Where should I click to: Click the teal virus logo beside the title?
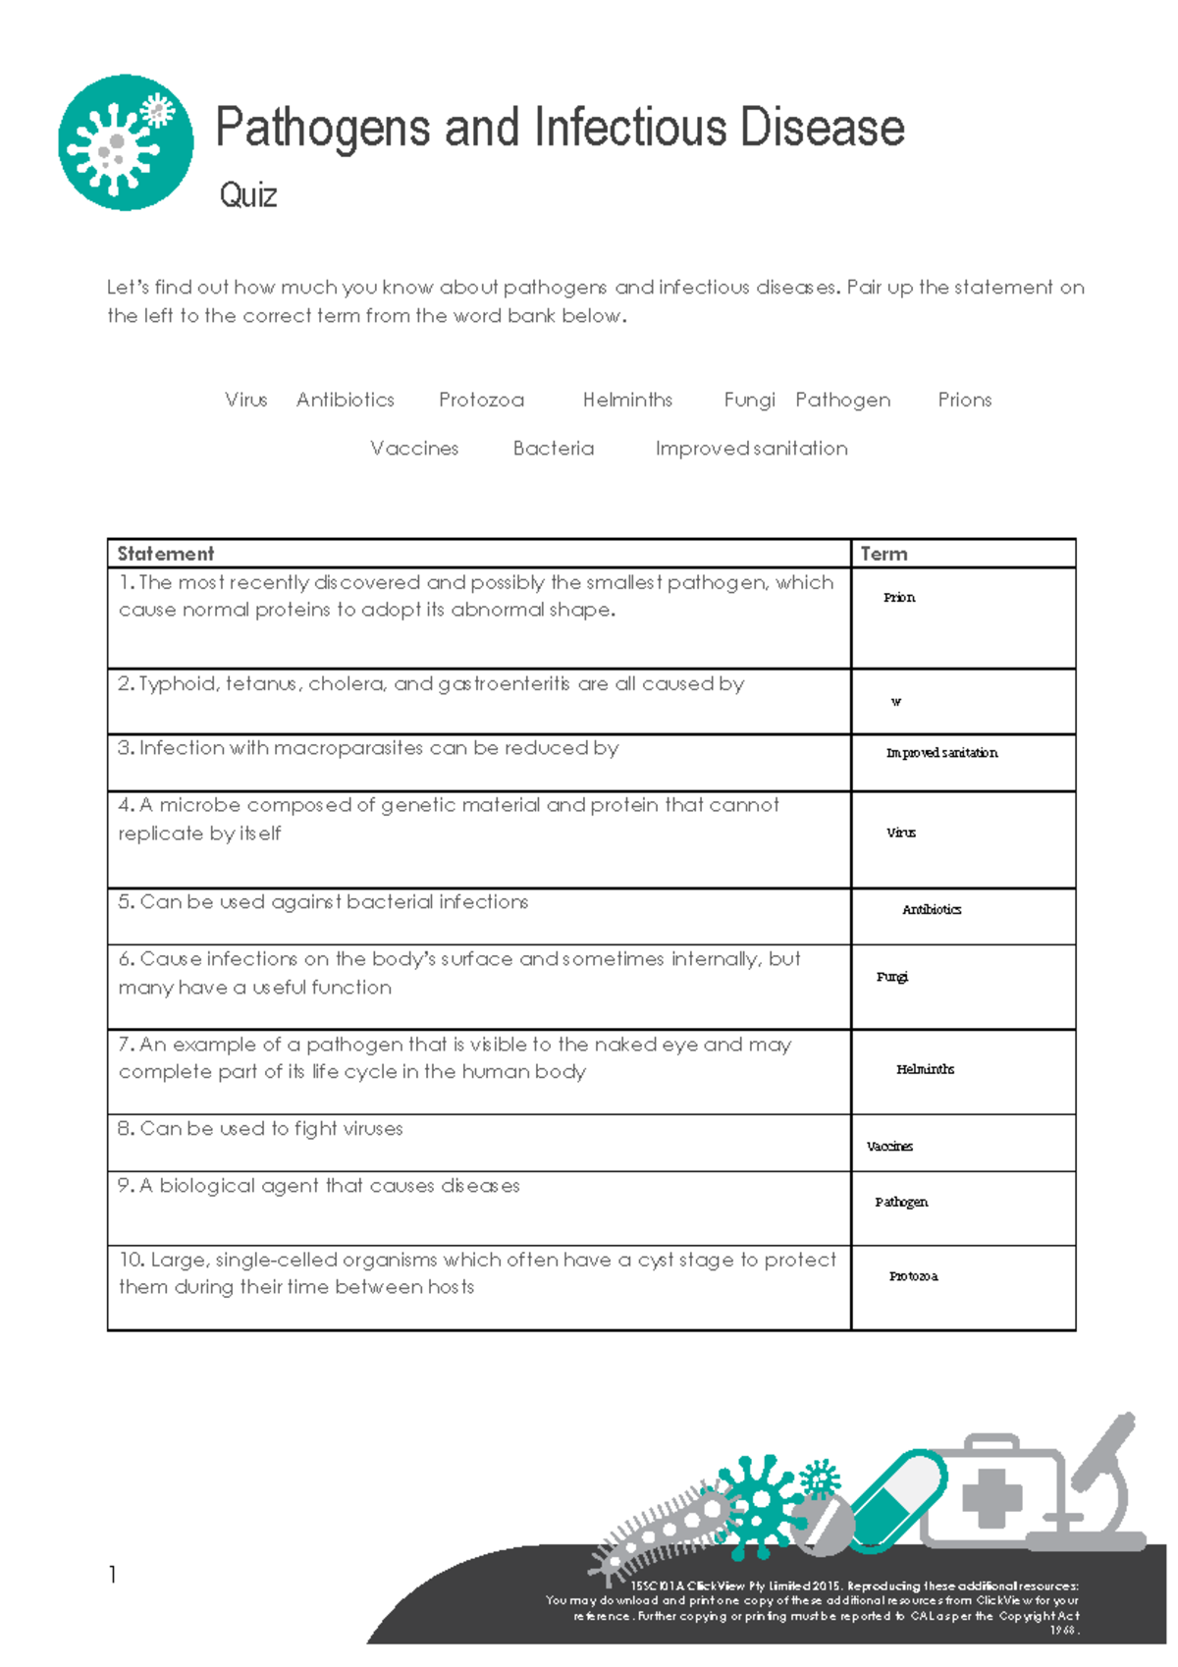(x=126, y=142)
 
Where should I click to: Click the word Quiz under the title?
(x=248, y=195)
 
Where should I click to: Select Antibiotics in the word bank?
(x=346, y=400)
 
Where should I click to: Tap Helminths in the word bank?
(x=627, y=400)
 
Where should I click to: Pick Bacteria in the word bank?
(x=554, y=449)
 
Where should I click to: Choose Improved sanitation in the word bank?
(x=751, y=449)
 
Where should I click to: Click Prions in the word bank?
(x=964, y=400)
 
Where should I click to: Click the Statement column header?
(x=165, y=554)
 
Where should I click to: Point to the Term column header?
(x=883, y=554)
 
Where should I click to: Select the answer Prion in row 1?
(x=899, y=597)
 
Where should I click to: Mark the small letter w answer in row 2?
(x=895, y=702)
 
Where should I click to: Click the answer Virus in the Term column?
(x=901, y=833)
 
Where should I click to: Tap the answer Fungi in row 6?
(x=892, y=977)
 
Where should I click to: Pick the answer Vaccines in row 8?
(x=889, y=1147)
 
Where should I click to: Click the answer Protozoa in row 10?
(x=913, y=1276)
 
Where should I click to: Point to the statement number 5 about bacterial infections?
(x=324, y=902)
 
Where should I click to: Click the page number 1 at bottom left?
(x=113, y=1575)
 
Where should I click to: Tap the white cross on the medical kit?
(x=991, y=1497)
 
